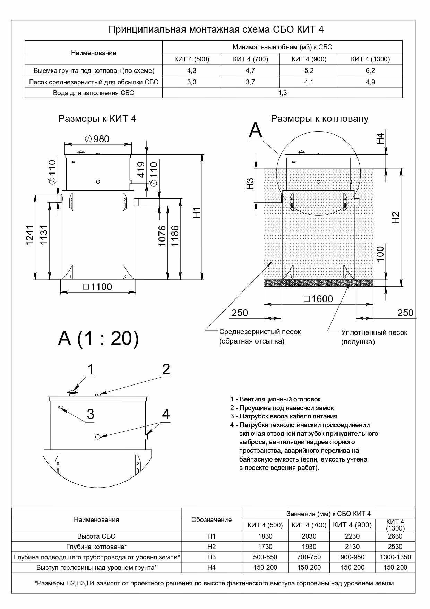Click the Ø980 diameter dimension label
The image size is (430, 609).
pyautogui.click(x=97, y=139)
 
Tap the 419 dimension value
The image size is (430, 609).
pyautogui.click(x=141, y=170)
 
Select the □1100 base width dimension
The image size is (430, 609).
pyautogui.click(x=97, y=287)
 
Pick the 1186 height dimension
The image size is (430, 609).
pyautogui.click(x=174, y=236)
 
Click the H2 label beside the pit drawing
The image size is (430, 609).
pyautogui.click(x=396, y=218)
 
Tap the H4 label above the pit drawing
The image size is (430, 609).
pyautogui.click(x=381, y=138)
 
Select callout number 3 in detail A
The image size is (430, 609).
pyautogui.click(x=90, y=414)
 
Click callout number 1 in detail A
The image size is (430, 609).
pyautogui.click(x=90, y=370)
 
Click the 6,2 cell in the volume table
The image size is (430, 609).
pyautogui.click(x=370, y=71)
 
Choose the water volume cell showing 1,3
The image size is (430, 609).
pyautogui.click(x=282, y=93)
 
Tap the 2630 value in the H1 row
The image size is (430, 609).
pyautogui.click(x=395, y=536)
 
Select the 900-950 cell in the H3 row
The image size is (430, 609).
pyautogui.click(x=352, y=557)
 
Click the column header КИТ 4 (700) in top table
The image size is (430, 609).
pyautogui.click(x=250, y=59)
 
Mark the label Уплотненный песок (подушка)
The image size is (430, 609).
pyautogui.click(x=374, y=337)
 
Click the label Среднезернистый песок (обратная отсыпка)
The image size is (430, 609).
pyautogui.click(x=260, y=336)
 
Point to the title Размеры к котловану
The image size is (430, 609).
pyautogui.click(x=319, y=119)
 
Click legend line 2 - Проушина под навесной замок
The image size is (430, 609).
pyautogui.click(x=282, y=408)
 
